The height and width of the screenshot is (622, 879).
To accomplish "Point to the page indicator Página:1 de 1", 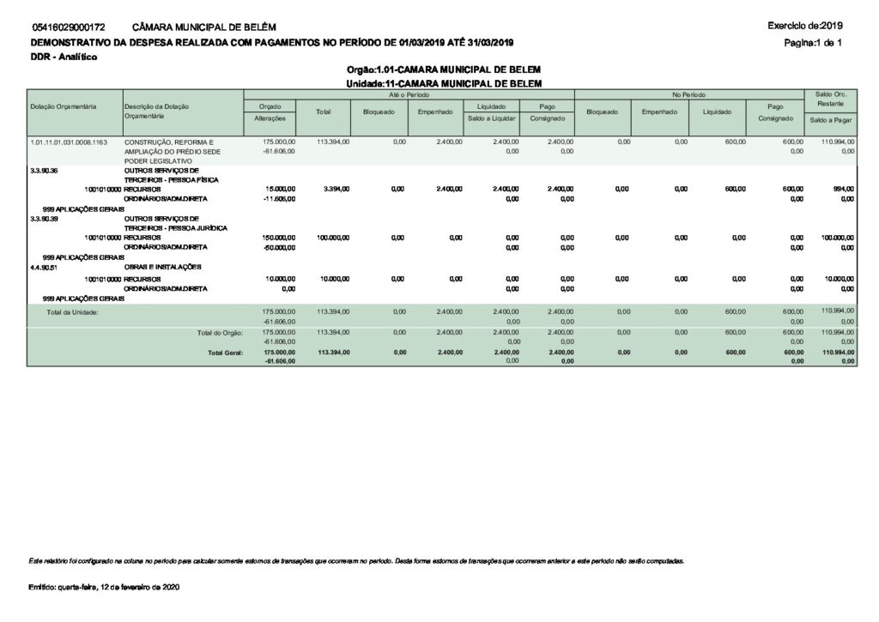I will (x=816, y=42).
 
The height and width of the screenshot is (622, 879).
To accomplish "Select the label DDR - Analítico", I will (x=64, y=57).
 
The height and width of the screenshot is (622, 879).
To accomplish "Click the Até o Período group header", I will (x=409, y=93).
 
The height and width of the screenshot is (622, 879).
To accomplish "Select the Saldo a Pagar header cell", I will (x=830, y=120).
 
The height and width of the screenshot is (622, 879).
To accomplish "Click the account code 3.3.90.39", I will (x=44, y=218).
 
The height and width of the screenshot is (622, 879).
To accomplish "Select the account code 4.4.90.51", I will (x=44, y=267).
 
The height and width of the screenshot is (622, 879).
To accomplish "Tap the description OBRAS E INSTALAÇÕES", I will (x=163, y=267).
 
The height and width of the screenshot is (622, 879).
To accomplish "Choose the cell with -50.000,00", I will (x=279, y=248).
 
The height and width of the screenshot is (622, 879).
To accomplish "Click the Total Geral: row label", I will (x=225, y=352).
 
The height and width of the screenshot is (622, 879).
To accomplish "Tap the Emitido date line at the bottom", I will (x=105, y=587).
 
